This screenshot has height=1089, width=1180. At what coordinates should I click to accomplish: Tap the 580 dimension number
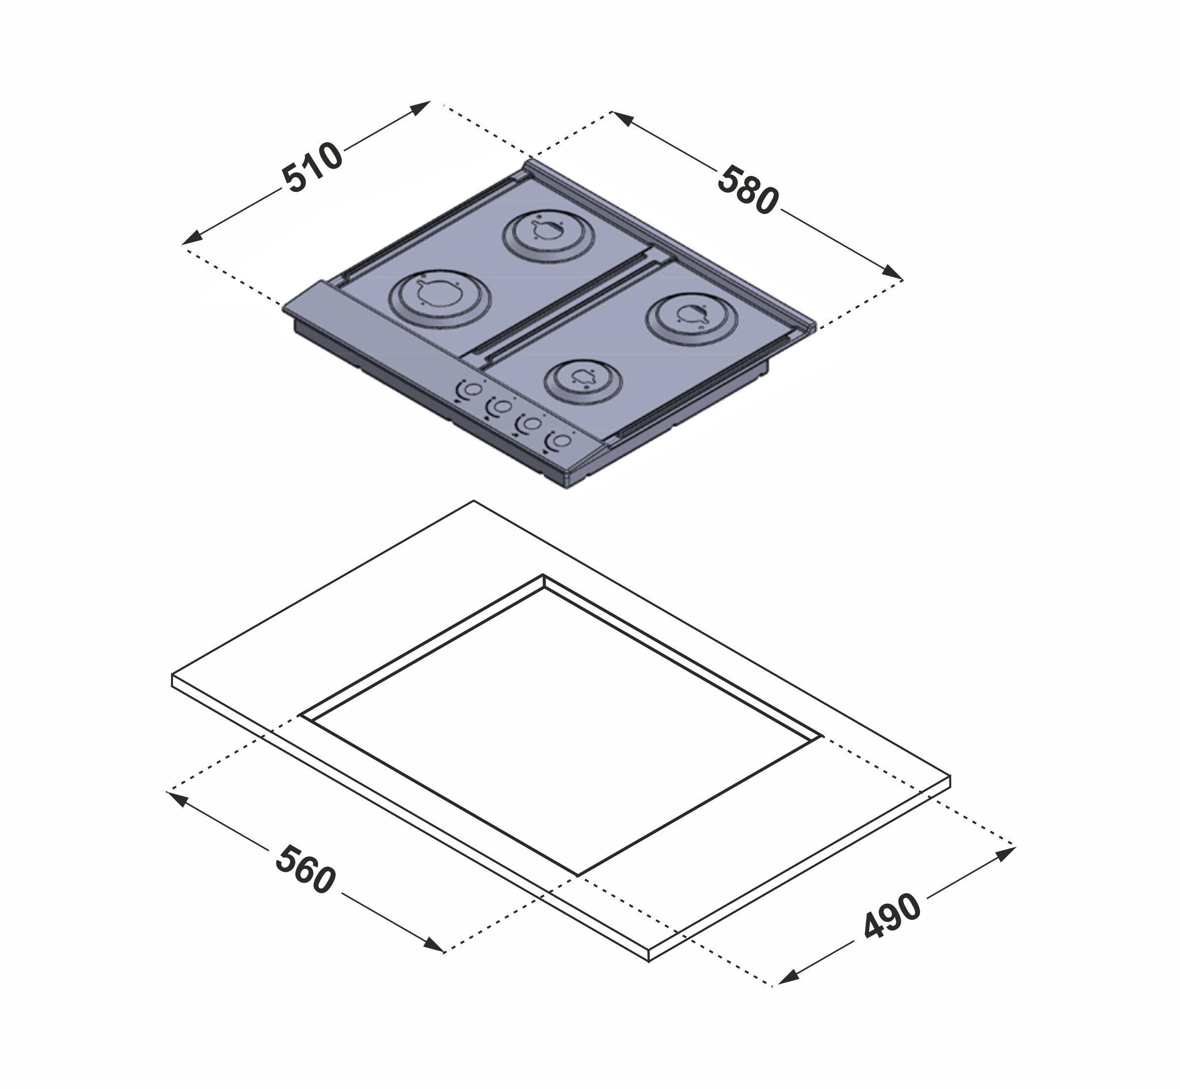pyautogui.click(x=748, y=190)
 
